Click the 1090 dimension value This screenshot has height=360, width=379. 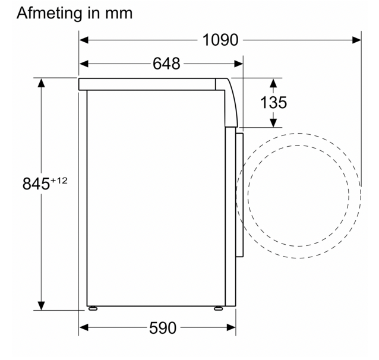(x=220, y=40)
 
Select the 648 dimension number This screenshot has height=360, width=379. (x=166, y=64)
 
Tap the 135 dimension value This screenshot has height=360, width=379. (x=273, y=102)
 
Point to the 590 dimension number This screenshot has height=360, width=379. (x=163, y=328)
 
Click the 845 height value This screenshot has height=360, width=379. (x=36, y=184)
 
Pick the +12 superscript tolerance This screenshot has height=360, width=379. (x=59, y=181)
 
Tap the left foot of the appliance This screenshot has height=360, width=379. (x=93, y=308)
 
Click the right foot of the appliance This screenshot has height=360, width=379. (x=218, y=308)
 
